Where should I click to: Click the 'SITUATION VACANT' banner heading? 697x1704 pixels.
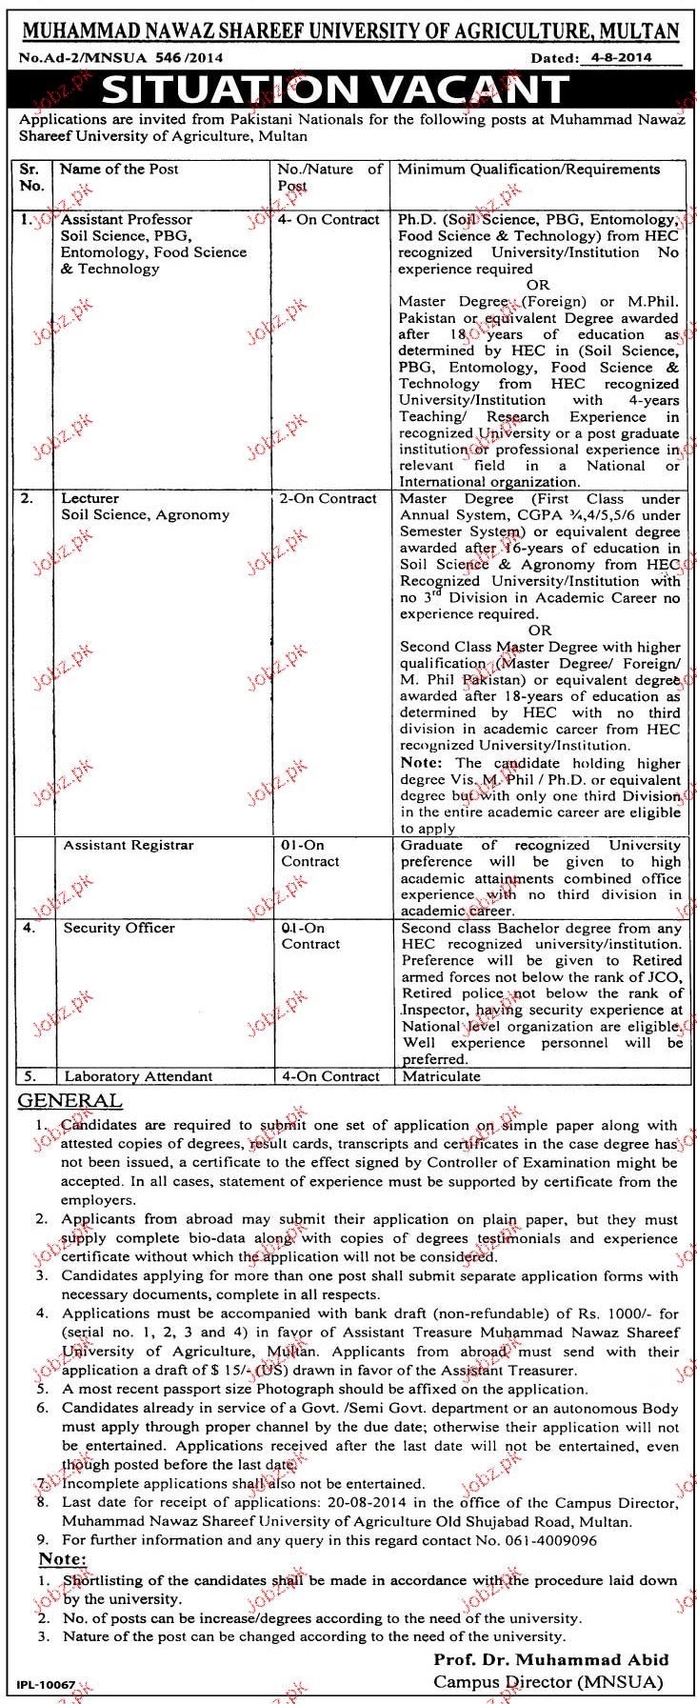pos(335,90)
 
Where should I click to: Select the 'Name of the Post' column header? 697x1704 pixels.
pos(119,170)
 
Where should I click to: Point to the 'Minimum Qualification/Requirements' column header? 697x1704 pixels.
pos(528,170)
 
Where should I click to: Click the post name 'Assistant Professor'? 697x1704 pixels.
pos(126,220)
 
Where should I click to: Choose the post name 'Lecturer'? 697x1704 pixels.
pos(90,498)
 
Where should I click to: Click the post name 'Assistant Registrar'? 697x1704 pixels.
pos(128,845)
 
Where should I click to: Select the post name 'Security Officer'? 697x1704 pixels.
pos(119,928)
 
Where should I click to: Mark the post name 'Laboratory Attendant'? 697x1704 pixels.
pos(138,1076)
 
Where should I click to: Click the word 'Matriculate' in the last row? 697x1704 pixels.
pos(441,1076)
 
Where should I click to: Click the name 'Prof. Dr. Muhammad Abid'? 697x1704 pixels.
pos(550,1659)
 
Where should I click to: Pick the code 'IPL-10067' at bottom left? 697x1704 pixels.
pos(47,1685)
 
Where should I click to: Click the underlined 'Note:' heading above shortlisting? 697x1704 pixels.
pos(62,1559)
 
